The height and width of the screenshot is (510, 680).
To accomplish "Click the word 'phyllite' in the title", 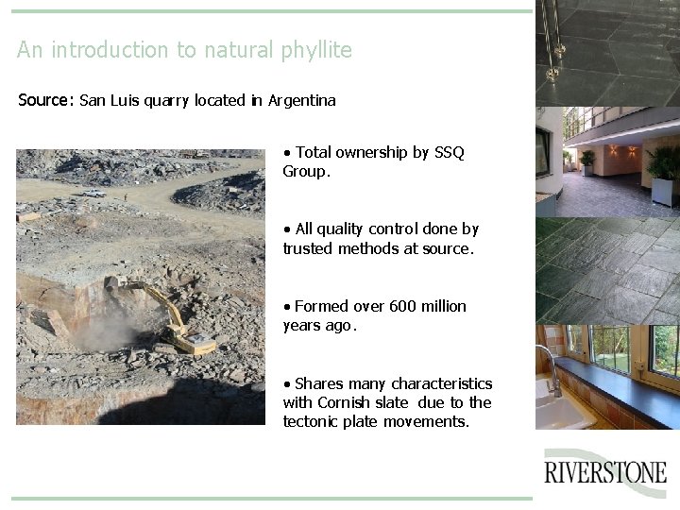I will [x=316, y=50].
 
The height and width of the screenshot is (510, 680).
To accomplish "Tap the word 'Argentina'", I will [x=302, y=100].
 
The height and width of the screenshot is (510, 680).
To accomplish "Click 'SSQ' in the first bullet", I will [x=449, y=152].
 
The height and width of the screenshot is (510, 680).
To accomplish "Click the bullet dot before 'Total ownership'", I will [x=287, y=152].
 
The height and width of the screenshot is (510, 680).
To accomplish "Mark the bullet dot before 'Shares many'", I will [x=287, y=383].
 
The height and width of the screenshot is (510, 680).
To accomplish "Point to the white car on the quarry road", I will [x=93, y=193].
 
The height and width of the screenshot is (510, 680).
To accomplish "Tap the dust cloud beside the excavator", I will [x=110, y=331].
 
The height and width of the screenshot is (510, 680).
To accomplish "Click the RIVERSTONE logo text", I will [x=605, y=472].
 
